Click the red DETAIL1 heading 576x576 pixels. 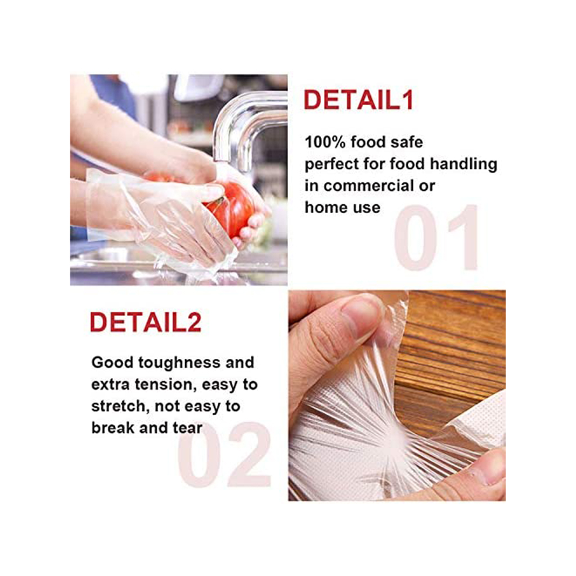tap(358, 100)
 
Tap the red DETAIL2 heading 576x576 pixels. tap(146, 322)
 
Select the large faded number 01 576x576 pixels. tap(436, 237)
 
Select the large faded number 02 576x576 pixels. tap(224, 454)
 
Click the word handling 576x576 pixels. tap(463, 164)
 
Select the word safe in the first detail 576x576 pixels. tap(407, 142)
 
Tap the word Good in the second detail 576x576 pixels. tap(112, 363)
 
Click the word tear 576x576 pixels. tap(188, 428)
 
